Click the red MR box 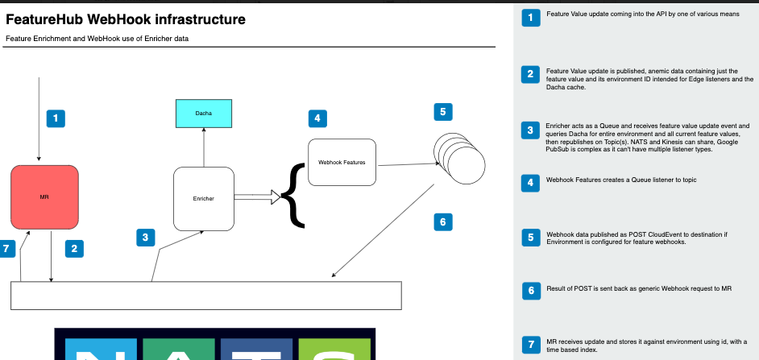[x=44, y=197]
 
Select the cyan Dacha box [x=204, y=114]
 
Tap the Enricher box [x=204, y=198]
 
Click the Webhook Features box [x=342, y=163]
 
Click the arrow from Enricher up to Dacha [x=204, y=147]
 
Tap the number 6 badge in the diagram [x=443, y=221]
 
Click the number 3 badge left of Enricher [x=145, y=237]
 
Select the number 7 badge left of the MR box [x=8, y=249]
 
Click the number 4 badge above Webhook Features [x=318, y=118]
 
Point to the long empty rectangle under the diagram [x=205, y=296]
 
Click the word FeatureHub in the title [x=48, y=19]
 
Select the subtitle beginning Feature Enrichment [x=97, y=39]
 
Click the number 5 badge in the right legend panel [x=530, y=238]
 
